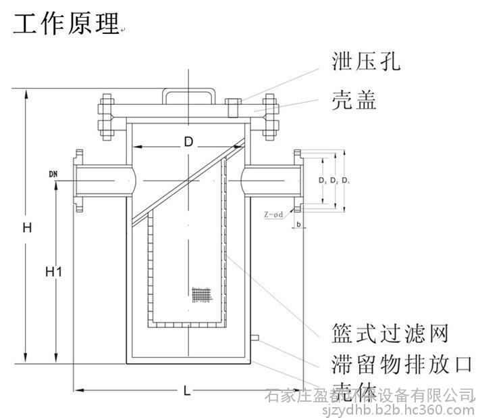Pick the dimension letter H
(26, 228)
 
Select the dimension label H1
(54, 272)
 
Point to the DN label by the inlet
(54, 175)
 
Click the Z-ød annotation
(273, 214)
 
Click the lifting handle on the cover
(188, 94)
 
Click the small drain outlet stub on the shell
(255, 338)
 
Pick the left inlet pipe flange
(79, 179)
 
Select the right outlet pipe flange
(298, 179)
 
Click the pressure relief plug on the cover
(234, 106)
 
